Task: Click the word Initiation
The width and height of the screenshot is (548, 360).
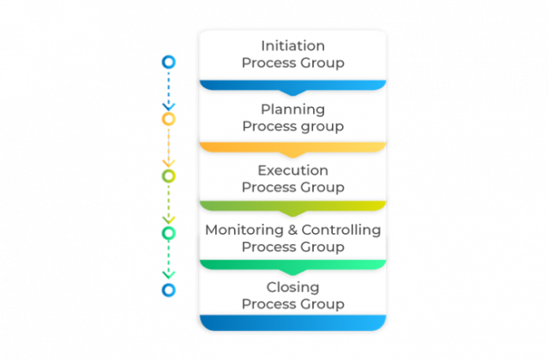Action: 292,46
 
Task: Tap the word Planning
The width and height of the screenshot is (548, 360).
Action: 292,109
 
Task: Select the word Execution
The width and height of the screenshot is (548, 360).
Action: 292,170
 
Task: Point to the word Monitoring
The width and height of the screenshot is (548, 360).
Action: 244,230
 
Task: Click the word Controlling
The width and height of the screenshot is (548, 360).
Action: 343,230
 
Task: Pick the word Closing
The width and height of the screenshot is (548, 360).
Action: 292,287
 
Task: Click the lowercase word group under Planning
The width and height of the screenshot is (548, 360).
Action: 322,126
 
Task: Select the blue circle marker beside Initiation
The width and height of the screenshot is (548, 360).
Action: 169,62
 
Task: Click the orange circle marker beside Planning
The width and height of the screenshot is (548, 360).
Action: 169,118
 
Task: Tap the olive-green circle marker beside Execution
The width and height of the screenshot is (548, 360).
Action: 169,176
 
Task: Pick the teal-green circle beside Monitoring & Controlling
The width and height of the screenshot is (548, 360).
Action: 169,232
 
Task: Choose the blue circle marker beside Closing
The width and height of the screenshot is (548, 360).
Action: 169,290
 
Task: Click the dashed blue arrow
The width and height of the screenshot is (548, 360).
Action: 169,89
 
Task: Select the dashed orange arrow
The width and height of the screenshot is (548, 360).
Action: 169,147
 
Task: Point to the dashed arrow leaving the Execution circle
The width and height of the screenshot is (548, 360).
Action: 169,204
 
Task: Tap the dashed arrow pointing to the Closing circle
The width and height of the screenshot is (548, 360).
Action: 169,261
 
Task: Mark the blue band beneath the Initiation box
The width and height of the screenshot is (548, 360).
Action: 292,86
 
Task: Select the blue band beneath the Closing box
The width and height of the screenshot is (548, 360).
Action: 292,323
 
